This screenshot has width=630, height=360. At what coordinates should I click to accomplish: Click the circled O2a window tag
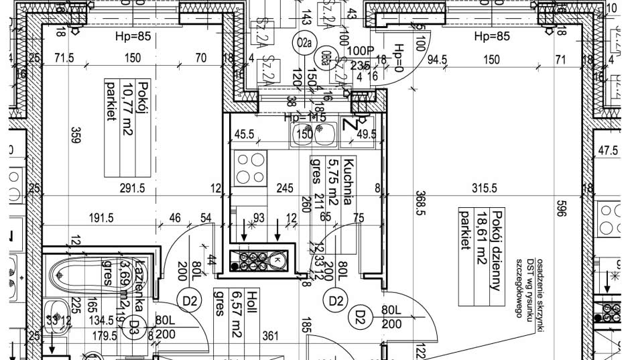coord(304,44)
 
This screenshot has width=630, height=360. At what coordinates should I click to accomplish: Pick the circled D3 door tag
coord(134,327)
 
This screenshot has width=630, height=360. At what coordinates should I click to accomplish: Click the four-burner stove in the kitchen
coord(249,168)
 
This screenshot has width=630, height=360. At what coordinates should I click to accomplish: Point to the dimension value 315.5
coord(485,188)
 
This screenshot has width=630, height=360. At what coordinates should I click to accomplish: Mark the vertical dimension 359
coord(75,136)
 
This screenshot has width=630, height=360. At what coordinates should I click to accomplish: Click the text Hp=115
coord(305,117)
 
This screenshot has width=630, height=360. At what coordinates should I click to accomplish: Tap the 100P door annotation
coord(360,51)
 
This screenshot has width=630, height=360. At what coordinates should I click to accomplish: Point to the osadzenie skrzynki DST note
coord(533,287)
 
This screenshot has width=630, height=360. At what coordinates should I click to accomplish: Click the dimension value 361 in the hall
coord(271,335)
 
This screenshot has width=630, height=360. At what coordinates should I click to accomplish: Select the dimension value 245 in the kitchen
coord(286,188)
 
